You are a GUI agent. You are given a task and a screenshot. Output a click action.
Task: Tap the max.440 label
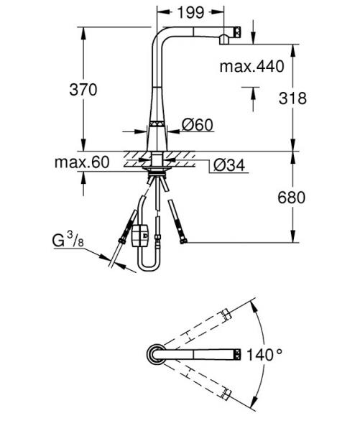point(252,67)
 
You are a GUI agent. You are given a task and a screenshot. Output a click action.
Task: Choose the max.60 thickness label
point(81,162)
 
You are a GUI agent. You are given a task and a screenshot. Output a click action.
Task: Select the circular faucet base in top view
point(156,353)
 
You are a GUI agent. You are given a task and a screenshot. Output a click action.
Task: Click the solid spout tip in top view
point(234,353)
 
